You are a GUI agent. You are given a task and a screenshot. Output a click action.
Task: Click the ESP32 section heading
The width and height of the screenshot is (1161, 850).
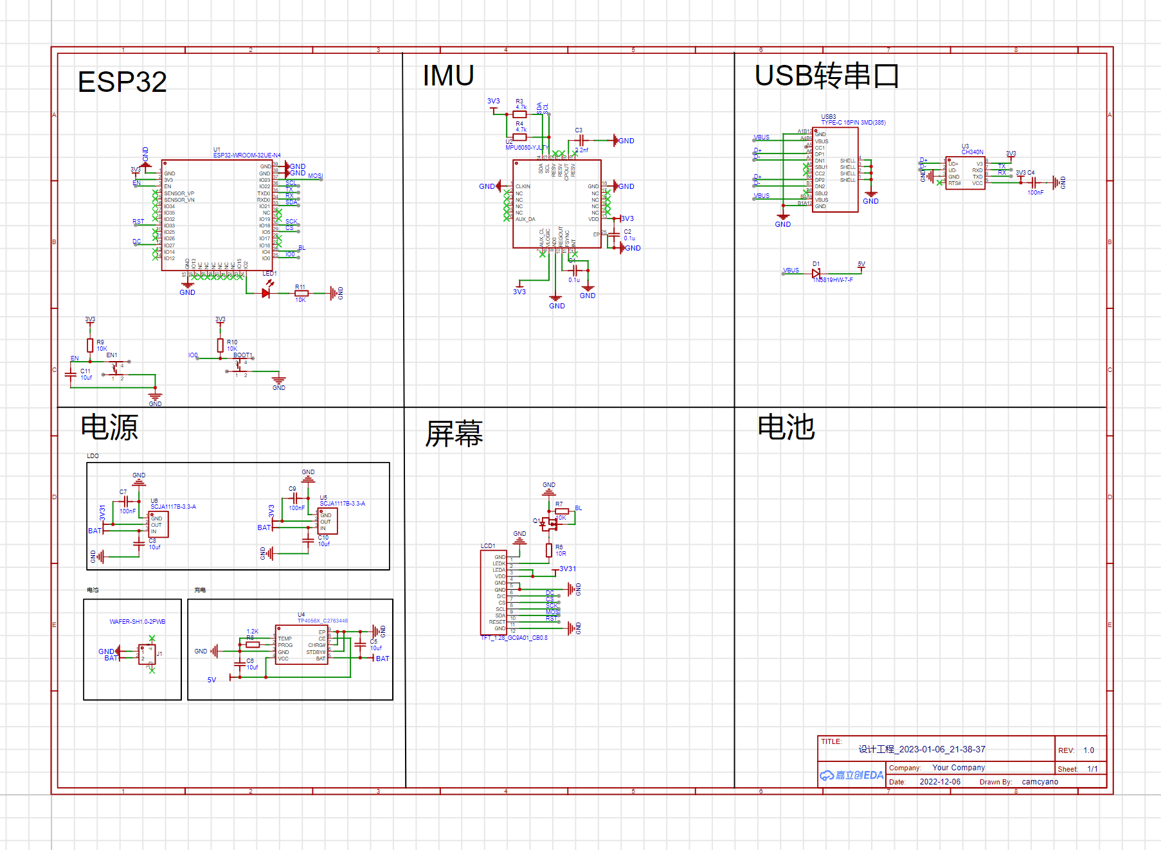pyautogui.click(x=122, y=82)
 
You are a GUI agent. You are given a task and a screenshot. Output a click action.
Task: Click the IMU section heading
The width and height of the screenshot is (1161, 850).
pyautogui.click(x=448, y=76)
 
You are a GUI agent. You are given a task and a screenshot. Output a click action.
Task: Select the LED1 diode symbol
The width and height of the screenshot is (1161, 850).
pyautogui.click(x=266, y=293)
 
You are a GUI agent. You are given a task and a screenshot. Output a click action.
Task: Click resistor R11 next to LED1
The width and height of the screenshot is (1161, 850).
pyautogui.click(x=301, y=293)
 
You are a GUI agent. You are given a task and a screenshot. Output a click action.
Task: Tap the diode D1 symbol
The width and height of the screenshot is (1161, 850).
pyautogui.click(x=816, y=273)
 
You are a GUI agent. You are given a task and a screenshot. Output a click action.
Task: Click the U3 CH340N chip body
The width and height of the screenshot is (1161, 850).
pyautogui.click(x=965, y=173)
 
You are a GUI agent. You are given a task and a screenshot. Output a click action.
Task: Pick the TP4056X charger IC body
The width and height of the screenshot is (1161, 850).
pyautogui.click(x=301, y=644)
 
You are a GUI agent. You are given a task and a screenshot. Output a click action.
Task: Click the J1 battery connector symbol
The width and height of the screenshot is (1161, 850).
pyautogui.click(x=147, y=655)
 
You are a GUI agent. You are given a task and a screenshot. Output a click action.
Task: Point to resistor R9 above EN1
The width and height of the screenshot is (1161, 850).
pyautogui.click(x=91, y=345)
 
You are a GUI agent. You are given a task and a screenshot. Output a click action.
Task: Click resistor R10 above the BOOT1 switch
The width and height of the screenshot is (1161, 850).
pyautogui.click(x=221, y=345)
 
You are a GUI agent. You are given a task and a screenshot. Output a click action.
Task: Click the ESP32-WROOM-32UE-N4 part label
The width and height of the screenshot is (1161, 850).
pyautogui.click(x=247, y=155)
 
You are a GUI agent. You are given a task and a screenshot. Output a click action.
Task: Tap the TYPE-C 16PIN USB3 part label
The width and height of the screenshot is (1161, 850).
pyautogui.click(x=853, y=123)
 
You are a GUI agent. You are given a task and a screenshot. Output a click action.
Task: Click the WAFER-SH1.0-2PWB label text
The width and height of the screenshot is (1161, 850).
pyautogui.click(x=137, y=622)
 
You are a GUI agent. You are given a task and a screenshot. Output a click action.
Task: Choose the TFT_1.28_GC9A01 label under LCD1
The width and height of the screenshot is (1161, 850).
pyautogui.click(x=514, y=638)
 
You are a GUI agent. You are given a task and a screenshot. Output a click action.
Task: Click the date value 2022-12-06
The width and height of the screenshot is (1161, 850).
pyautogui.click(x=940, y=782)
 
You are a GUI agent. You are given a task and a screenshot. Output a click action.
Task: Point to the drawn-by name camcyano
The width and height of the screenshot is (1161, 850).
pyautogui.click(x=1039, y=782)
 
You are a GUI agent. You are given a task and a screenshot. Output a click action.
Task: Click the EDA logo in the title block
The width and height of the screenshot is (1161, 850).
pyautogui.click(x=852, y=775)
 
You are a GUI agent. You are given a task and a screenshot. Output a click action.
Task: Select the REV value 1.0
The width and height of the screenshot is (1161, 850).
pyautogui.click(x=1088, y=750)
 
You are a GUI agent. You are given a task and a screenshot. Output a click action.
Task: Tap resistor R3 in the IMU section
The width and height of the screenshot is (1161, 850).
pyautogui.click(x=519, y=114)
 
